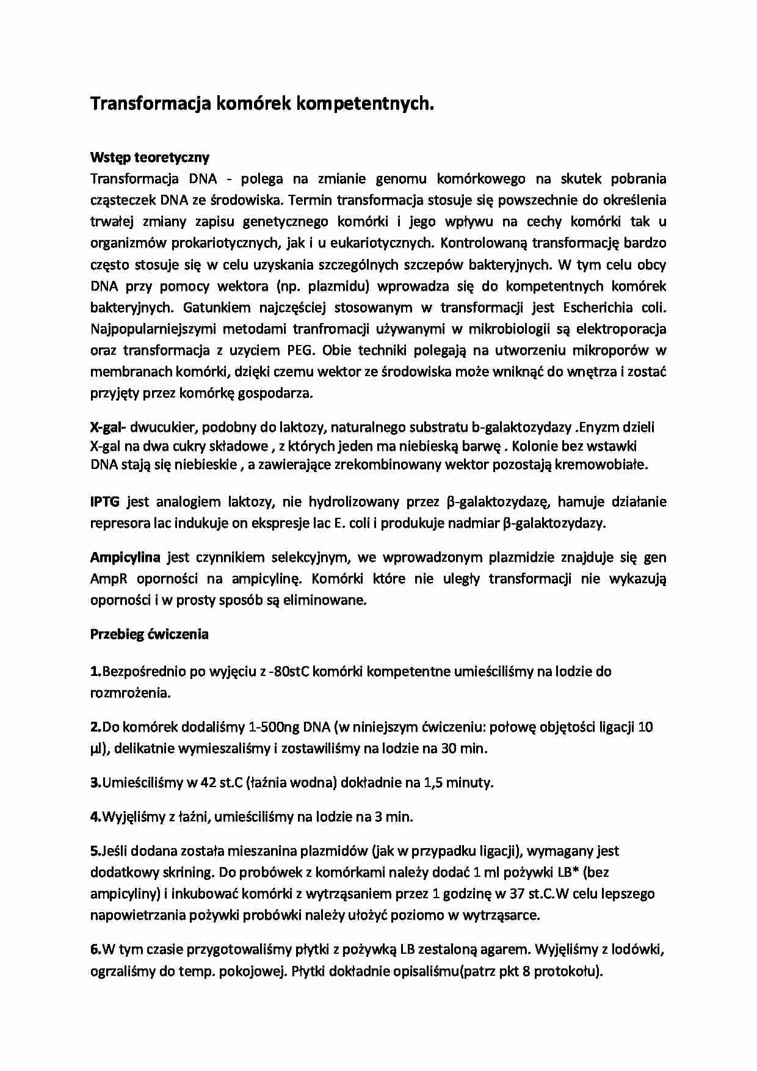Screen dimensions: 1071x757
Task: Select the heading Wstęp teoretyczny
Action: [x=150, y=158]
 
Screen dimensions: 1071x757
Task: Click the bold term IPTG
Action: [x=104, y=502]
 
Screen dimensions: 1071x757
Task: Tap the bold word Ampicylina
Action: [x=125, y=557]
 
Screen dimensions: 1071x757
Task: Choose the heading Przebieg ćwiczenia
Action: [x=150, y=634]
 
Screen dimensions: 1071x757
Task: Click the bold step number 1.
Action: [x=96, y=672]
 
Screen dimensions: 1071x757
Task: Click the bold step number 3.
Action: [x=96, y=782]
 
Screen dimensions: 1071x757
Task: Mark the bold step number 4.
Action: [x=96, y=816]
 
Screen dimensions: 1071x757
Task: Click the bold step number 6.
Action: [x=96, y=949]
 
